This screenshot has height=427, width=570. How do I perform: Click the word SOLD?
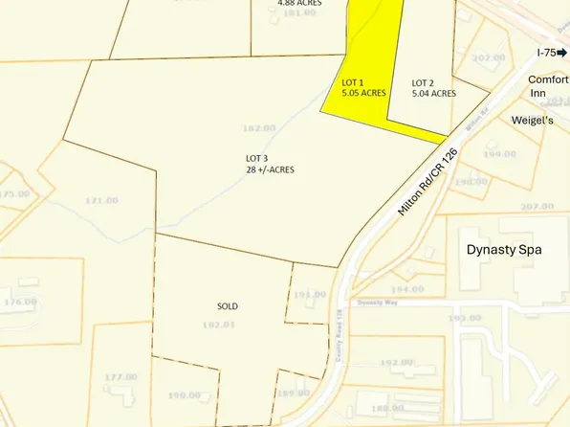[x=227, y=306]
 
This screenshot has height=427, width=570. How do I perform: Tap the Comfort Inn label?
[x=547, y=87]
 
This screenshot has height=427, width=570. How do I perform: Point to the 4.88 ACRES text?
[x=298, y=3]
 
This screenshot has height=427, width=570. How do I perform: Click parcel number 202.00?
[x=488, y=57]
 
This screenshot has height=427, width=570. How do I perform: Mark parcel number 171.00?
[x=101, y=200]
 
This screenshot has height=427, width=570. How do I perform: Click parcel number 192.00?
[x=394, y=363]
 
